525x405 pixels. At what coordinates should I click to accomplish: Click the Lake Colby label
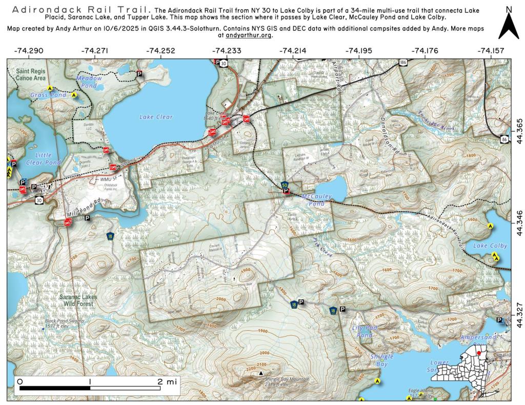coord(490,246)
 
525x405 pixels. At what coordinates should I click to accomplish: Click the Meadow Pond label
coord(89,82)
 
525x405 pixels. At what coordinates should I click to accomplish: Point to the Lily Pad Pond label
coord(362,331)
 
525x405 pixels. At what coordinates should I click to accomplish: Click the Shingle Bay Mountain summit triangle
coord(261,373)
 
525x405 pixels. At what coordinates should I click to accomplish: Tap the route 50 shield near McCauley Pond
coord(285,184)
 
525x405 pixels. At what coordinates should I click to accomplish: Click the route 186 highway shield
coord(403,62)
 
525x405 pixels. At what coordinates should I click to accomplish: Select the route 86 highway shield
coord(506,138)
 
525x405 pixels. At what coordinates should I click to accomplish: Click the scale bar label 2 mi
coord(166,381)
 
